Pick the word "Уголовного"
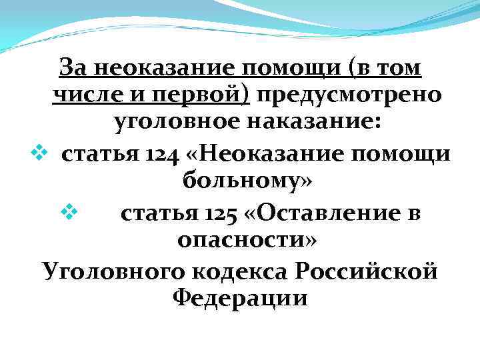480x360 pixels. coord(109,270)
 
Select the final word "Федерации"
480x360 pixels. coord(240,298)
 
